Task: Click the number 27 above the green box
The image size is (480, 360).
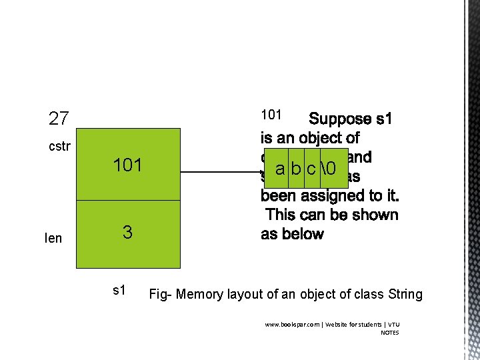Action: (x=59, y=119)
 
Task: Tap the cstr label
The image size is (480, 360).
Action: (x=60, y=147)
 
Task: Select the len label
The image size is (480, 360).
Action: (x=53, y=238)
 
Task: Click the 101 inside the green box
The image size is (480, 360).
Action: (x=127, y=165)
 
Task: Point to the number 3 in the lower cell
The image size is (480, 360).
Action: (x=127, y=233)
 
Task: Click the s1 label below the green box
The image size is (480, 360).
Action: (x=120, y=291)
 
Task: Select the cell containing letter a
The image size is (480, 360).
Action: (x=280, y=169)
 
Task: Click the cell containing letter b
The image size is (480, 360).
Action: (x=296, y=169)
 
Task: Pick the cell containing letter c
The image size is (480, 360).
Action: (x=312, y=169)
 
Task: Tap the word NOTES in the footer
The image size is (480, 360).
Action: (x=390, y=333)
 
